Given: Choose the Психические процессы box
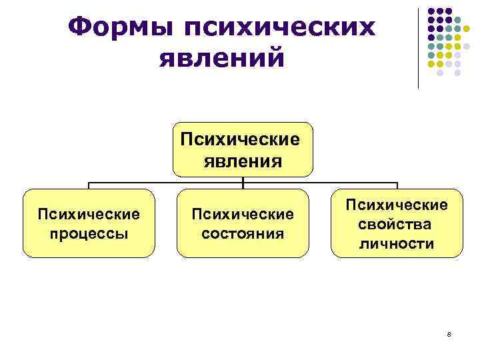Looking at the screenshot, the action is coord(89,223).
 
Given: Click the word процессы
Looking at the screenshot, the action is coord(89,234).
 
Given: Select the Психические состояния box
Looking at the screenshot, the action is coord(243,223).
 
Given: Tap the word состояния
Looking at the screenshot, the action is coord(243,234).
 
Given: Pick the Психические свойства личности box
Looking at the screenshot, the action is coord(397,223).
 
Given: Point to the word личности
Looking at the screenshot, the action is coord(397,243).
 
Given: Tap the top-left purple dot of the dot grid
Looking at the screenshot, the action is coord(431,12).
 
